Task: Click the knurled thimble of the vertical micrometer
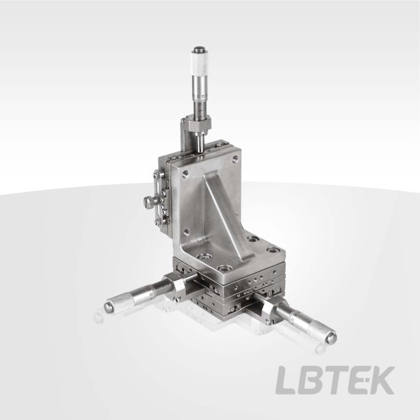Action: coord(200,64)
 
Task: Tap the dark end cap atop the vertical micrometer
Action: coord(200,50)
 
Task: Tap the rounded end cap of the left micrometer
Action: coord(108,307)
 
